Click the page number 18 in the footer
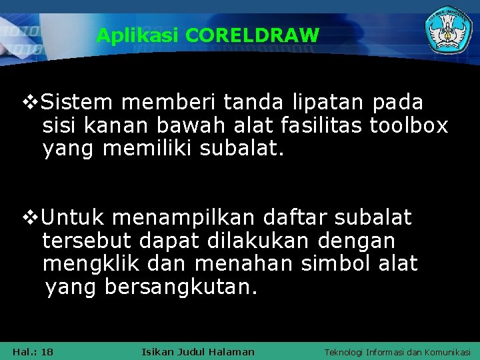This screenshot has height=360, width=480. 47,351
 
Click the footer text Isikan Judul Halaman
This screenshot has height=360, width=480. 198,351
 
